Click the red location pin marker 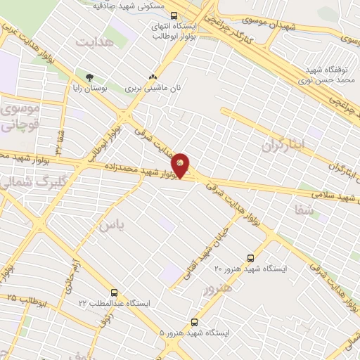(x=181, y=165)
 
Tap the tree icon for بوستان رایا (x=89, y=77)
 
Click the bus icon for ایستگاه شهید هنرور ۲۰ (x=252, y=257)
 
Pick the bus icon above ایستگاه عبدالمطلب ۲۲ (x=114, y=291)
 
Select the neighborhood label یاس (x=106, y=226)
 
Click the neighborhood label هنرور (x=217, y=288)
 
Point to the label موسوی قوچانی (x=21, y=117)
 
